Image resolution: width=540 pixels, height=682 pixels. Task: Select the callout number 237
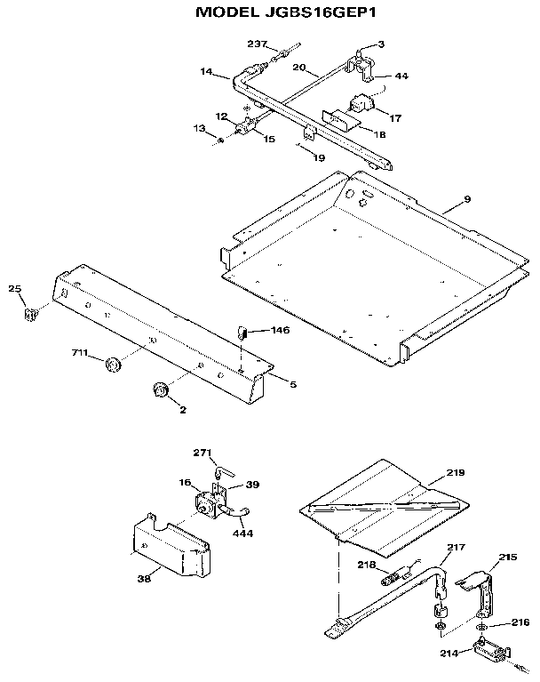click(257, 44)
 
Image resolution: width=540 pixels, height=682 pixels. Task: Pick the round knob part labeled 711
click(113, 364)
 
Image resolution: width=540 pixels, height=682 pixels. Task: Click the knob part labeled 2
click(161, 389)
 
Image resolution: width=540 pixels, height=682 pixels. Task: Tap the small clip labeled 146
click(240, 333)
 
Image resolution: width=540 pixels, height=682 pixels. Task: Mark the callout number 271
click(203, 452)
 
